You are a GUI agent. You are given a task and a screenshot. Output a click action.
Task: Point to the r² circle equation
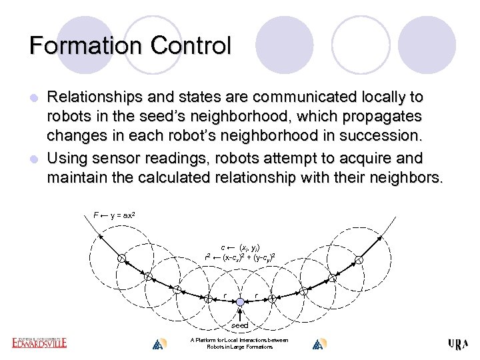point(241,257)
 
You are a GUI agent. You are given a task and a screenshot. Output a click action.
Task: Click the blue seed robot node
point(240,303)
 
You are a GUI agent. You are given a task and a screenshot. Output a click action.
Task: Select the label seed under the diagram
point(240,325)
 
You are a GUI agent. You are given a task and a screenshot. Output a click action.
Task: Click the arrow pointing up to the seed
point(240,314)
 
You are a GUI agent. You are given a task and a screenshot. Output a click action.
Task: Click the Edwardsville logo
point(39,343)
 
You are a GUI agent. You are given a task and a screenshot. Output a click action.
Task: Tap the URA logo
point(459,344)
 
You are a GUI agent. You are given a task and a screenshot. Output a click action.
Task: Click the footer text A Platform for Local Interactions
point(239,340)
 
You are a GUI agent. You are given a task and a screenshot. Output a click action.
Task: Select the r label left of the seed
point(225,295)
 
